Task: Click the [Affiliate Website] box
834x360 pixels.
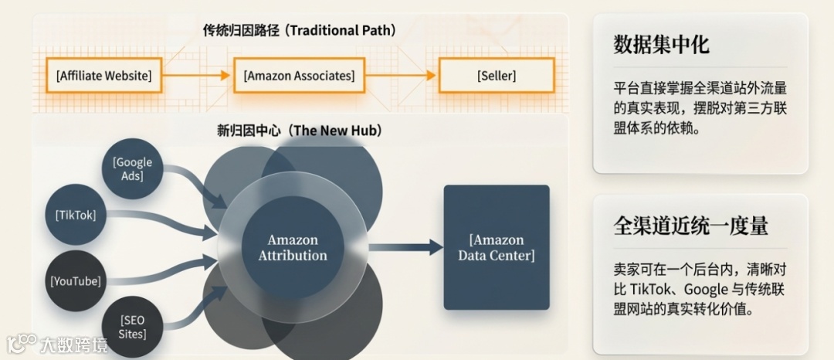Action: [x=103, y=76]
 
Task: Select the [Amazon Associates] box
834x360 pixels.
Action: [x=299, y=76]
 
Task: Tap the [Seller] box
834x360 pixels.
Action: [x=496, y=76]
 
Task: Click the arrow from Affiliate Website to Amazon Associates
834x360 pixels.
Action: [x=197, y=76]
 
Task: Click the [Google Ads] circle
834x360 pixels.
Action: [x=133, y=169]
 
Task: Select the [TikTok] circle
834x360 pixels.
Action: [x=76, y=215]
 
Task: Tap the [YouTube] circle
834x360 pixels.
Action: [x=76, y=280]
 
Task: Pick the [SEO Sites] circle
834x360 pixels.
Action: [x=132, y=326]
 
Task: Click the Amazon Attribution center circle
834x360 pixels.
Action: [x=293, y=247]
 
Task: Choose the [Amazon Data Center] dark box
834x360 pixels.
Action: [x=496, y=247]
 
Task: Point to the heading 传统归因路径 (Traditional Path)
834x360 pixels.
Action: [x=299, y=31]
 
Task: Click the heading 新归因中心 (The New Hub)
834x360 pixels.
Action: [x=299, y=131]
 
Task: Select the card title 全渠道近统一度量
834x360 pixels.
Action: [x=690, y=226]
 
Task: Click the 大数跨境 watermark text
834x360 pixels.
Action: [x=73, y=344]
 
